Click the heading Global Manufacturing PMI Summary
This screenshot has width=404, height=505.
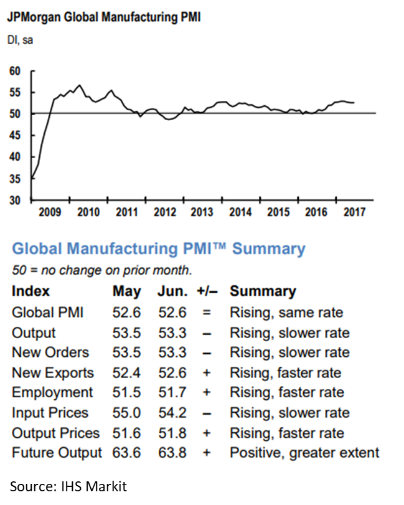tap(159, 250)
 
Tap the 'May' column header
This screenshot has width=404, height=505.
tap(127, 291)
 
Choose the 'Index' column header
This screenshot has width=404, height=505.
tap(31, 291)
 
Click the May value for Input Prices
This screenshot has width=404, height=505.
tap(126, 413)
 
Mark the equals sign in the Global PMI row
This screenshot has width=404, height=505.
tap(206, 313)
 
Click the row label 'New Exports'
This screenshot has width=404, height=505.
tap(53, 373)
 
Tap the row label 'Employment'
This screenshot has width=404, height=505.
tap(52, 393)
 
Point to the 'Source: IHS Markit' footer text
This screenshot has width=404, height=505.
tap(68, 486)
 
